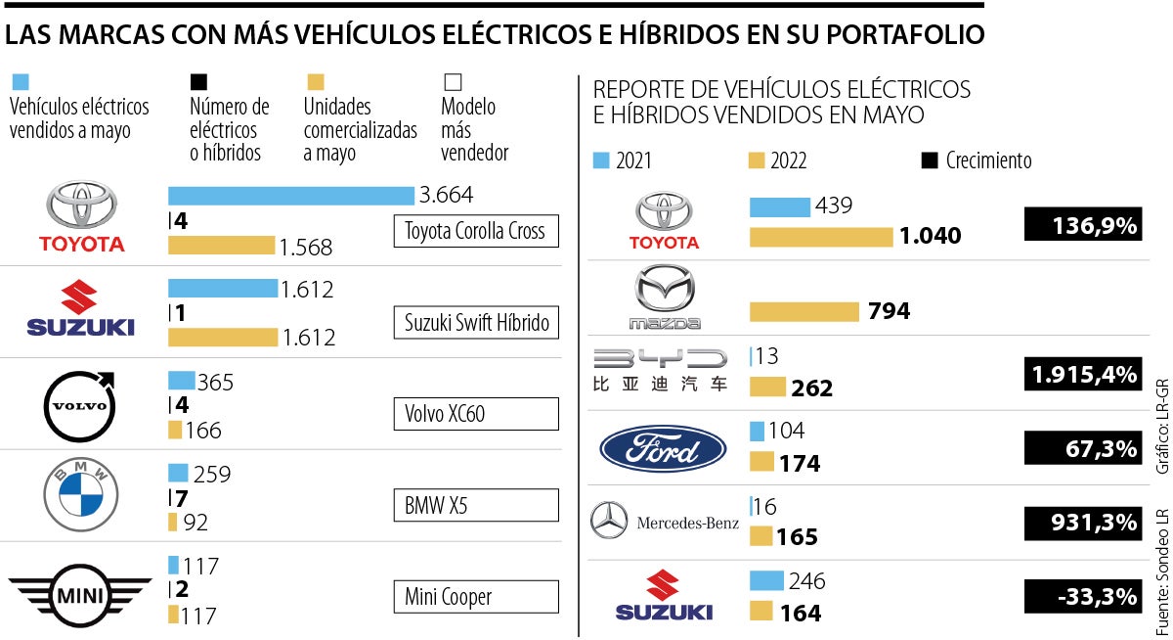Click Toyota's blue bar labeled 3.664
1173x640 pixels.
[291, 195]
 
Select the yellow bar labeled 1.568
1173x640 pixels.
[221, 246]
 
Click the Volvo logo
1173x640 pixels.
[80, 403]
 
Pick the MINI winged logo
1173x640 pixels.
[80, 594]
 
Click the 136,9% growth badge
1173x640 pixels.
[1082, 225]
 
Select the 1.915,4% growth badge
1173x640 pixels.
[1082, 374]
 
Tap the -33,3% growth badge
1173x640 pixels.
[1082, 595]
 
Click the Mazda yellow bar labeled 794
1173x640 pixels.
[804, 311]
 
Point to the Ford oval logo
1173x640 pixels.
[663, 449]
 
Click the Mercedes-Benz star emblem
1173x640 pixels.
[609, 522]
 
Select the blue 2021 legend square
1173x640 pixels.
[601, 160]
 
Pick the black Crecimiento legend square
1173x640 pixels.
[930, 160]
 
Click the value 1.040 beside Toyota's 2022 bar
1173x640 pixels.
[930, 236]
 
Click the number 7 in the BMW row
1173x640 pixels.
[181, 499]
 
